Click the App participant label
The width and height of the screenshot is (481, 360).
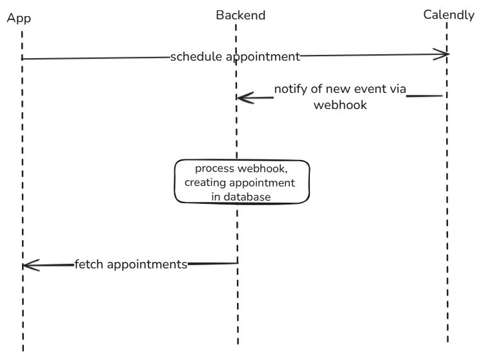(x=19, y=18)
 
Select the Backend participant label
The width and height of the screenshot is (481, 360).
(x=240, y=15)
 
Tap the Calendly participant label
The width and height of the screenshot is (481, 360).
(x=449, y=14)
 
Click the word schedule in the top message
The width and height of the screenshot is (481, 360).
(x=192, y=57)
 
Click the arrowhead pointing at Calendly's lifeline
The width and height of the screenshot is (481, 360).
(x=442, y=55)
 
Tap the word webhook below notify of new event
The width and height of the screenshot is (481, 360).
(x=340, y=105)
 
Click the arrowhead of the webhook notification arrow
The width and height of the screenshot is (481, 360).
(x=242, y=98)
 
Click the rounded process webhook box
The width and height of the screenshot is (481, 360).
(x=243, y=183)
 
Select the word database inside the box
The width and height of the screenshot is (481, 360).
(x=249, y=197)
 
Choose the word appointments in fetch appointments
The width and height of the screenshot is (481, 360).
(x=147, y=264)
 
